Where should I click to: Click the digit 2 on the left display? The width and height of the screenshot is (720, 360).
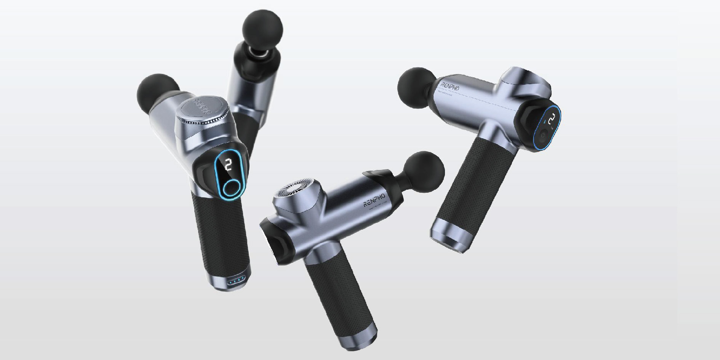click(228, 165)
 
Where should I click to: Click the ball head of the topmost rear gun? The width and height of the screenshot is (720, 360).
click(262, 29)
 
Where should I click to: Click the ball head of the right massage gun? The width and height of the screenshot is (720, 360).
click(418, 88)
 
